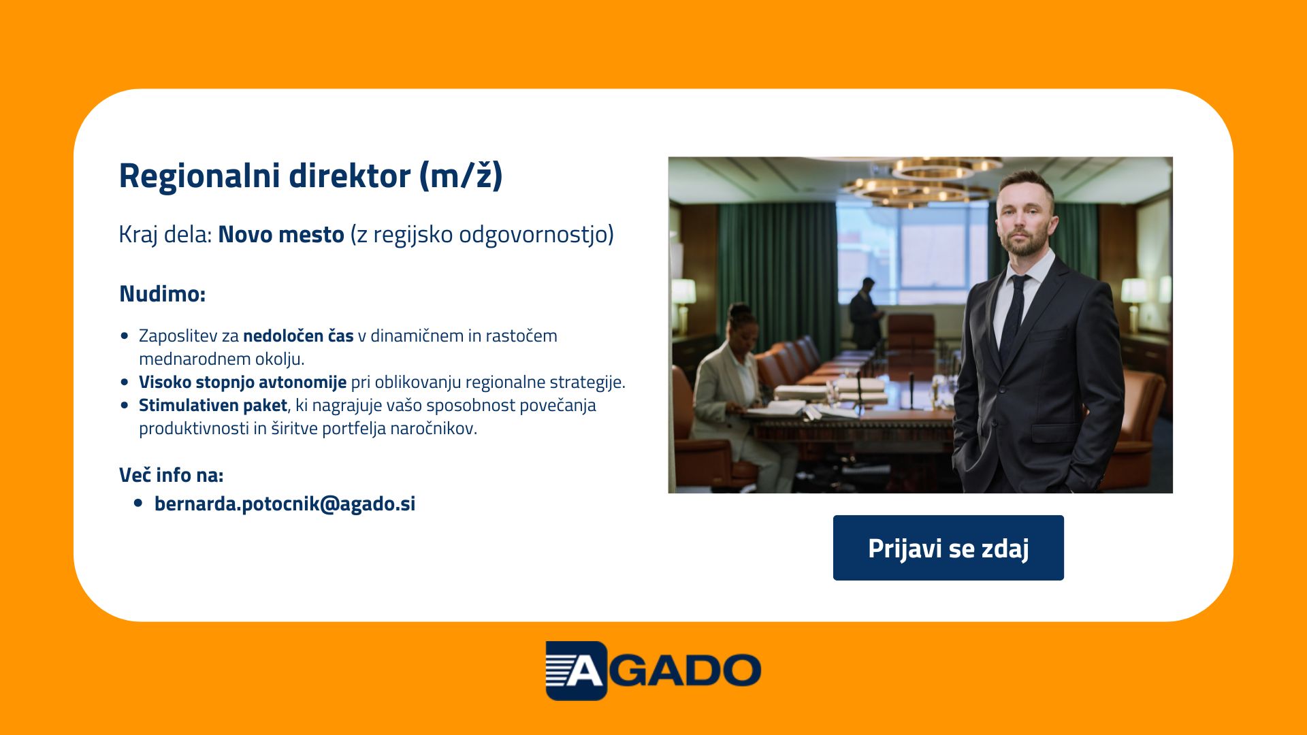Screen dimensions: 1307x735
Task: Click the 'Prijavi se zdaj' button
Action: coord(948,548)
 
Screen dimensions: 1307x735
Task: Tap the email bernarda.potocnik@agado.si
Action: coord(285,504)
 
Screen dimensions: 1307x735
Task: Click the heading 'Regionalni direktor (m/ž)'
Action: coord(310,176)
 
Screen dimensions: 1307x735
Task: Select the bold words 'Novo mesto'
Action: coord(281,234)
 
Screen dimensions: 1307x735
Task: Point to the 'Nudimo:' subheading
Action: coord(162,294)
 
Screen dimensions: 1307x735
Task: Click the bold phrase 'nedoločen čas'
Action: coord(298,336)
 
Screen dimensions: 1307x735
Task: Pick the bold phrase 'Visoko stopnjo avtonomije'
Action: coord(242,382)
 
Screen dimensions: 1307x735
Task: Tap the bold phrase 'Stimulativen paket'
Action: coord(213,406)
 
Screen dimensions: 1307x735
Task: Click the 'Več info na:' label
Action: coord(171,475)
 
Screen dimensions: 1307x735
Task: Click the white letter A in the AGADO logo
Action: coord(584,670)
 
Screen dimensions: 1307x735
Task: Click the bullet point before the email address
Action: coord(139,504)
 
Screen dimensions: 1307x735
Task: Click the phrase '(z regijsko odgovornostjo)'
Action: coord(482,234)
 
